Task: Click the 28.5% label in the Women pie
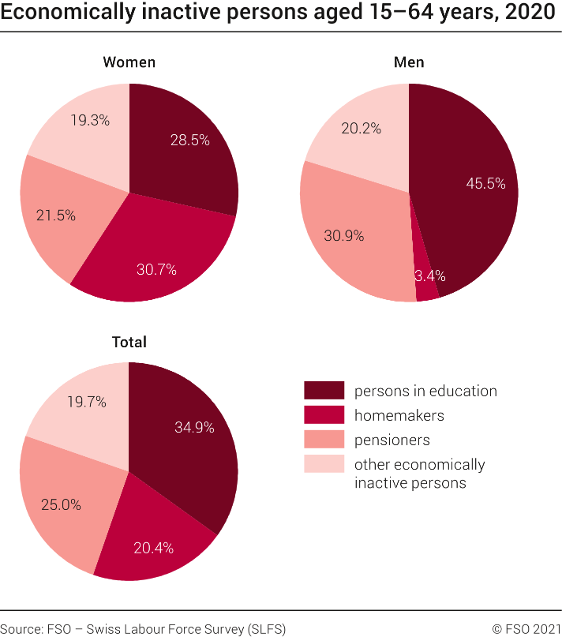pyautogui.click(x=189, y=140)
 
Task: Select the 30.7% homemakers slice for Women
pyautogui.click(x=156, y=269)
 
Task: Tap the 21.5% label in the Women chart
pyautogui.click(x=56, y=215)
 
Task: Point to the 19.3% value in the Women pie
pyautogui.click(x=89, y=121)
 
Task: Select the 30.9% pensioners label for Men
pyautogui.click(x=344, y=235)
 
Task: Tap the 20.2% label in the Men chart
pyautogui.click(x=362, y=128)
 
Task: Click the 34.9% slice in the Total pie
pyautogui.click(x=193, y=427)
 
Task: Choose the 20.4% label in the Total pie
pyautogui.click(x=154, y=548)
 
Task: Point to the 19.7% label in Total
pyautogui.click(x=87, y=402)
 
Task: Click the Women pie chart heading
pyautogui.click(x=129, y=62)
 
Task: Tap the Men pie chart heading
pyautogui.click(x=409, y=62)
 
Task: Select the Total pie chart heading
pyautogui.click(x=129, y=342)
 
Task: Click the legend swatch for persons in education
pyautogui.click(x=324, y=390)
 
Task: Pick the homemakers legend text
pyautogui.click(x=399, y=415)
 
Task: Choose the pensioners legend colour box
pyautogui.click(x=324, y=440)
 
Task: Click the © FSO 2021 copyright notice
pyautogui.click(x=526, y=628)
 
